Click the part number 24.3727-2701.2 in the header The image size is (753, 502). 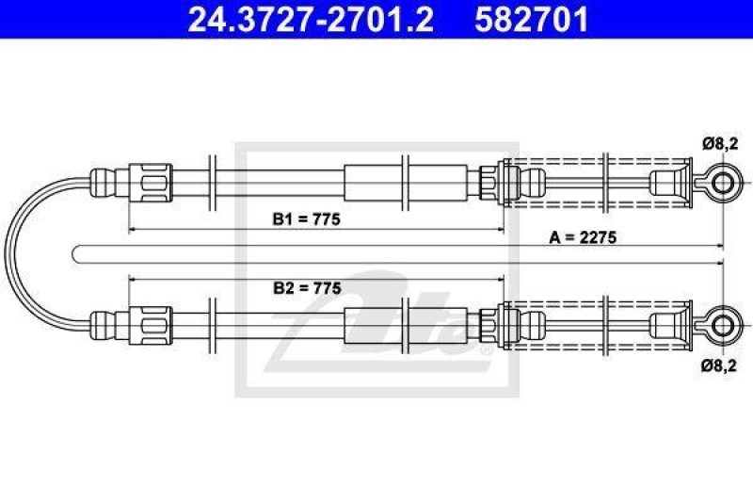(311, 19)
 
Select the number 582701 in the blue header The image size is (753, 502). (532, 19)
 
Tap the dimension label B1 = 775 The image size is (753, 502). (307, 219)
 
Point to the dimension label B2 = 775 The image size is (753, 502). (307, 288)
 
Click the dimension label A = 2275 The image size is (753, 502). (583, 236)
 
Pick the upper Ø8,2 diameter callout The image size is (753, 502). (719, 144)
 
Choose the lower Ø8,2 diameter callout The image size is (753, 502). (719, 366)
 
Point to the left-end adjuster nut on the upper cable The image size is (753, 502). (151, 183)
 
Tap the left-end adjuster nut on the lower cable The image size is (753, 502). (151, 326)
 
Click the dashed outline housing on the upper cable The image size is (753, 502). (596, 158)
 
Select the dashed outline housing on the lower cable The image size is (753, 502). (596, 302)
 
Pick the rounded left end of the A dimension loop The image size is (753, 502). (73, 254)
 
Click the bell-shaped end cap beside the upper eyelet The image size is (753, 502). (671, 183)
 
